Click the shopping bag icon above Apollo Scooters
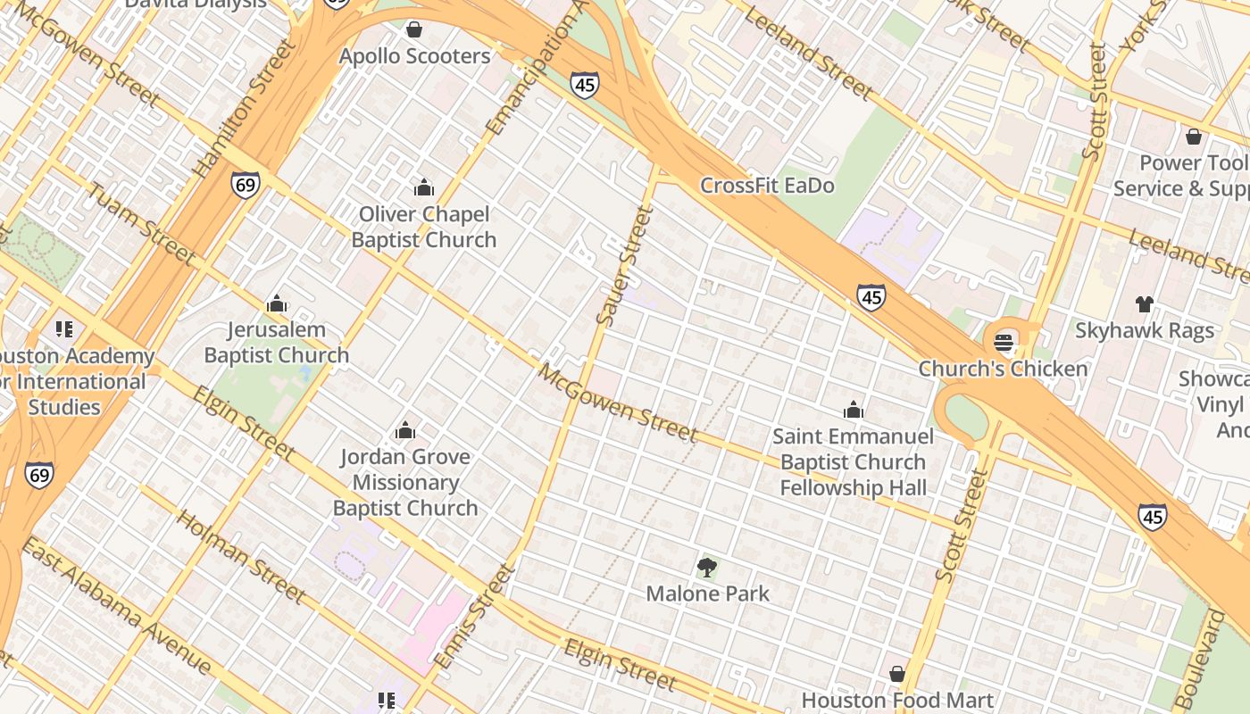pos(413,29)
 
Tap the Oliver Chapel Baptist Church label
pos(424,227)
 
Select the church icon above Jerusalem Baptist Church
pos(277,303)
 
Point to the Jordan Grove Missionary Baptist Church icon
pos(405,431)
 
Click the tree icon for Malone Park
pos(707,567)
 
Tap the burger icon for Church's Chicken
pos(1004,342)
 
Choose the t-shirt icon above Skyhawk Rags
pos(1145,304)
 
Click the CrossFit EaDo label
pos(767,186)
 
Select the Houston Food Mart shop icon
pos(897,674)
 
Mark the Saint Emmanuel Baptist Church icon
pos(854,410)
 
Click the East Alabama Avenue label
pos(116,607)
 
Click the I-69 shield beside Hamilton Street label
pos(246,185)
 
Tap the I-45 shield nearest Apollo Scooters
pos(585,86)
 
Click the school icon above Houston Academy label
pos(63,329)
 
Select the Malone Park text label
pos(707,594)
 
